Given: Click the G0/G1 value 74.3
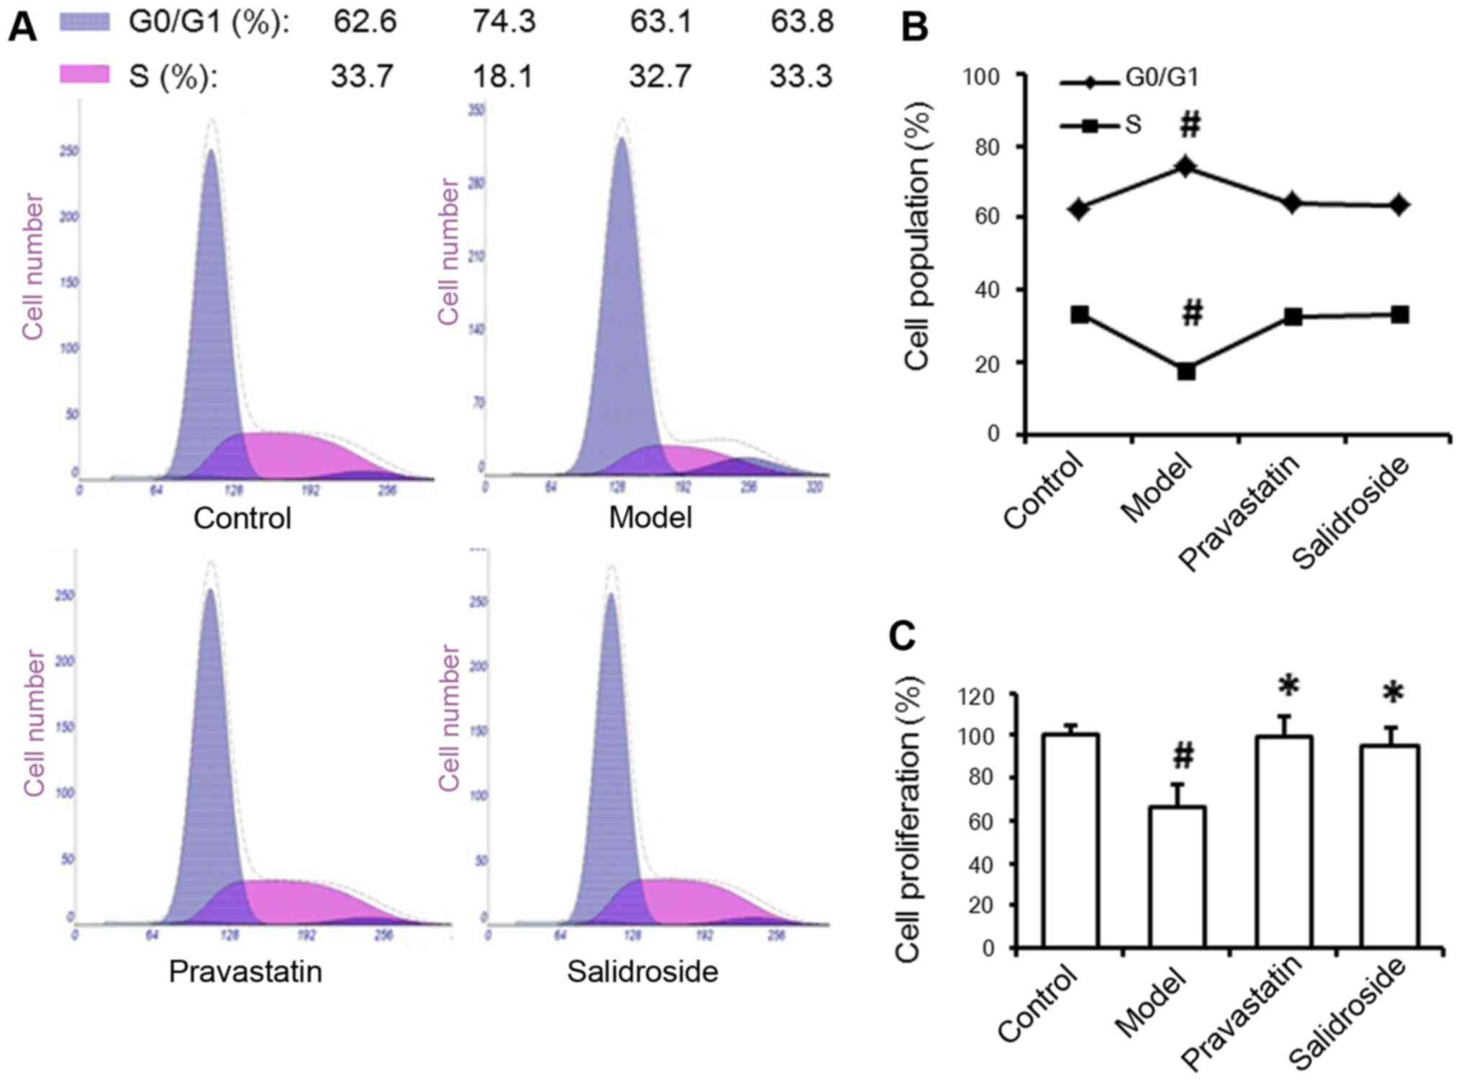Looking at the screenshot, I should pyautogui.click(x=504, y=22).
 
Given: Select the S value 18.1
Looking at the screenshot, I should pyautogui.click(x=504, y=76).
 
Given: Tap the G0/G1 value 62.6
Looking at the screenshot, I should pyautogui.click(x=364, y=22).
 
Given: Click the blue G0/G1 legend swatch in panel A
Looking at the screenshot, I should pyautogui.click(x=84, y=22).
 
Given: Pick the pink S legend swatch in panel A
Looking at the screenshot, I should pyautogui.click(x=84, y=75).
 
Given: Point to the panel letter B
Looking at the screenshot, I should pyautogui.click(x=914, y=27).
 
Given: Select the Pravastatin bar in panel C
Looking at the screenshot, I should pyautogui.click(x=1284, y=842).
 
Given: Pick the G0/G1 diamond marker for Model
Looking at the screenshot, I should pyautogui.click(x=1186, y=167).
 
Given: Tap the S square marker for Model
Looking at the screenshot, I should pyautogui.click(x=1186, y=371).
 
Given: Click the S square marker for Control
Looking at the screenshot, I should pyautogui.click(x=1080, y=314).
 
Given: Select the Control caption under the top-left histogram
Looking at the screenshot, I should pyautogui.click(x=242, y=518).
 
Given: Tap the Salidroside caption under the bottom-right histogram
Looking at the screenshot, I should pyautogui.click(x=642, y=972).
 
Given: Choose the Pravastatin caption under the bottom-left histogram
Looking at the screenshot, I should pyautogui.click(x=245, y=972).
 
